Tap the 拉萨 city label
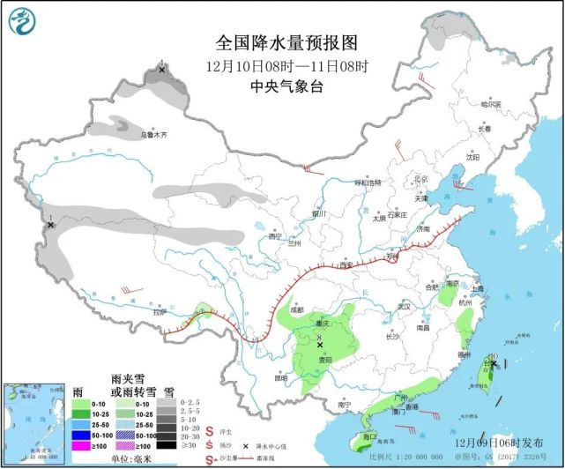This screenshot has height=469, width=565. pyautogui.click(x=159, y=311)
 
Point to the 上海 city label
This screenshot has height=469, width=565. pyautogui.click(x=477, y=288)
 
